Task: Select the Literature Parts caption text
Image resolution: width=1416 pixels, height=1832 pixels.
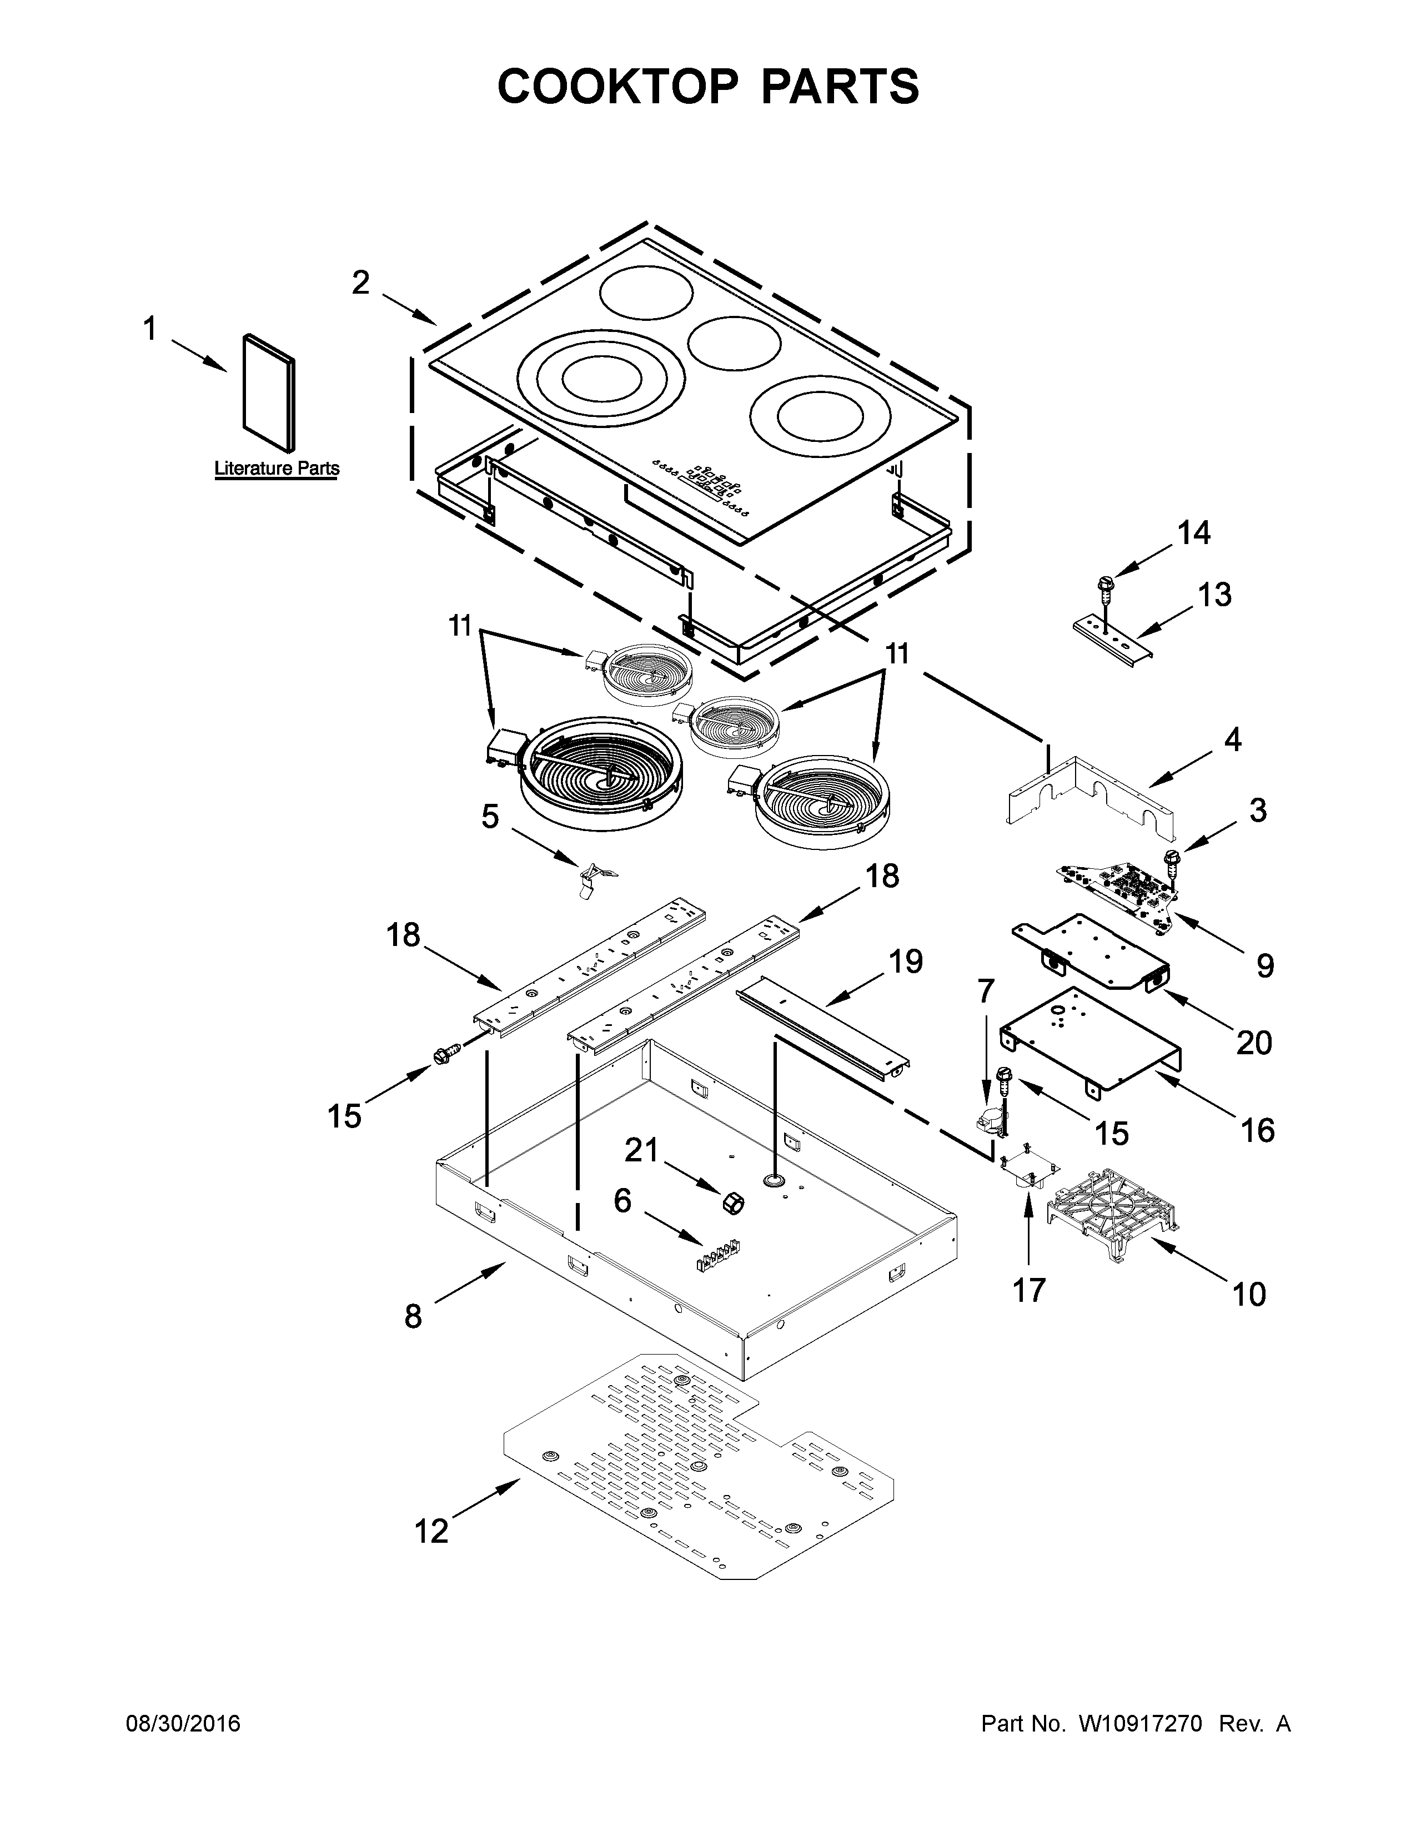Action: [x=277, y=468]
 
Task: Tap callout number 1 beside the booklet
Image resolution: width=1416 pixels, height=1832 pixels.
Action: [x=149, y=329]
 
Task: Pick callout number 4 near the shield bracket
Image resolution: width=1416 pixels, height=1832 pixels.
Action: [x=1232, y=740]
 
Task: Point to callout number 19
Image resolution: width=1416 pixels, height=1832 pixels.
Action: [x=906, y=962]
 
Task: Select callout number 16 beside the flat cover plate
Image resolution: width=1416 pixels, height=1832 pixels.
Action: [x=1257, y=1130]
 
